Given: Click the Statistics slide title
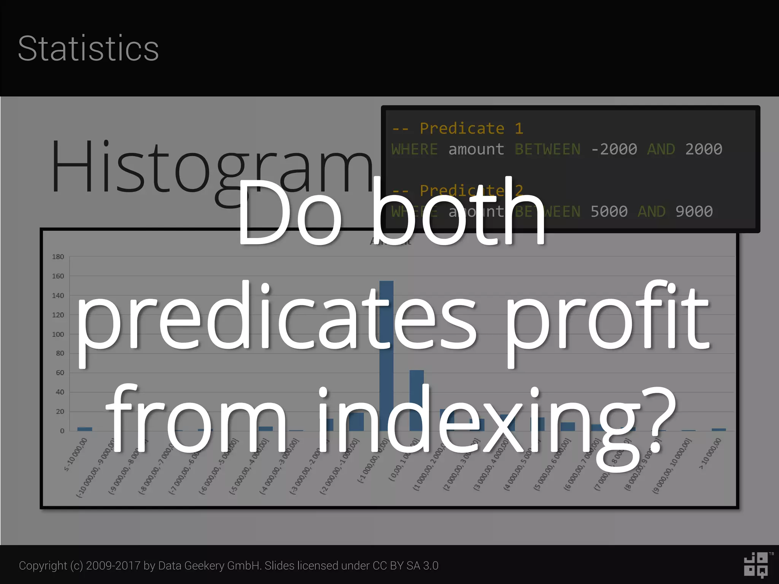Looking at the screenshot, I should tap(88, 49).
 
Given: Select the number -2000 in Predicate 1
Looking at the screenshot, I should tap(614, 149).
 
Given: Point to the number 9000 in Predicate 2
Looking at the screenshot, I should tap(694, 211).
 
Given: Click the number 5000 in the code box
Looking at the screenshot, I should tap(609, 211).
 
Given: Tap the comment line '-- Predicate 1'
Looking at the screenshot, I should tap(458, 129).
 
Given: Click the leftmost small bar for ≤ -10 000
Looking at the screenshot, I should tap(84, 429).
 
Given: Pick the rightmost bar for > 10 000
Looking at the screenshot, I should tap(719, 430).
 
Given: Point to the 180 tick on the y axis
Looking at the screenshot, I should tap(58, 257).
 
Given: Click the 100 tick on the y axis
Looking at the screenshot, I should tap(58, 334).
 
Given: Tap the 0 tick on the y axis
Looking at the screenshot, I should tap(62, 431).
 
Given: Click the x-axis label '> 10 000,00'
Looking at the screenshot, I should tap(710, 454).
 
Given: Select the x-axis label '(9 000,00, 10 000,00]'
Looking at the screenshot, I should tap(672, 466).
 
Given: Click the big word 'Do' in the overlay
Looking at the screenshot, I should tap(289, 213).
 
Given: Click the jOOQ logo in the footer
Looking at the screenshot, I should tap(756, 565).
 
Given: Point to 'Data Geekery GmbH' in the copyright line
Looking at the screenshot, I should tap(209, 566).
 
